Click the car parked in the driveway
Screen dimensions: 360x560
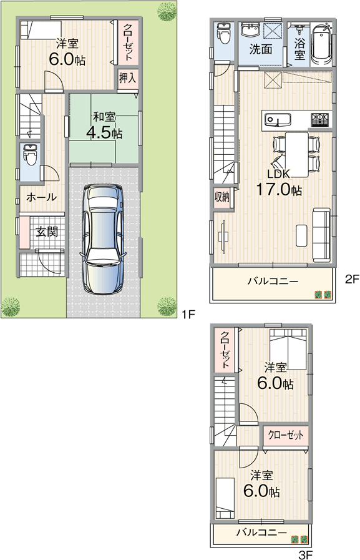(x=103, y=239)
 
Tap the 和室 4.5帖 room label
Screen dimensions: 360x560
(x=104, y=125)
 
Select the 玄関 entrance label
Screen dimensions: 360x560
(x=47, y=232)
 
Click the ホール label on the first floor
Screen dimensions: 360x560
(x=41, y=197)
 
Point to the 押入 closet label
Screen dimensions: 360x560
(x=127, y=78)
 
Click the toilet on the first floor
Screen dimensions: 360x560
(x=30, y=155)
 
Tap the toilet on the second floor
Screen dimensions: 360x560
(x=225, y=33)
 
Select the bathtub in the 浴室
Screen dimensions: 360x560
(x=322, y=44)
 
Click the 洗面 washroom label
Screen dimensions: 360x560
(x=261, y=49)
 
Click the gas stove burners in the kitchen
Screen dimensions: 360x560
(x=321, y=119)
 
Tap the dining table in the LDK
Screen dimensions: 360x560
(x=297, y=154)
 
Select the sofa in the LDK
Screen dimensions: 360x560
(x=321, y=235)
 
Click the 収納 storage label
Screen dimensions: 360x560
(x=222, y=196)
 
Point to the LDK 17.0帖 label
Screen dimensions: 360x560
(x=279, y=184)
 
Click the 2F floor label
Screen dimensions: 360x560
(x=351, y=279)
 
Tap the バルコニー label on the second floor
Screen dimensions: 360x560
(x=273, y=282)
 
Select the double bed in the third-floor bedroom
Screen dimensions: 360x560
(x=288, y=349)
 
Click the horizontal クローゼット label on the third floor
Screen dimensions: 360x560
(x=285, y=435)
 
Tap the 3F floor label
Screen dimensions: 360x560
(x=306, y=554)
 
